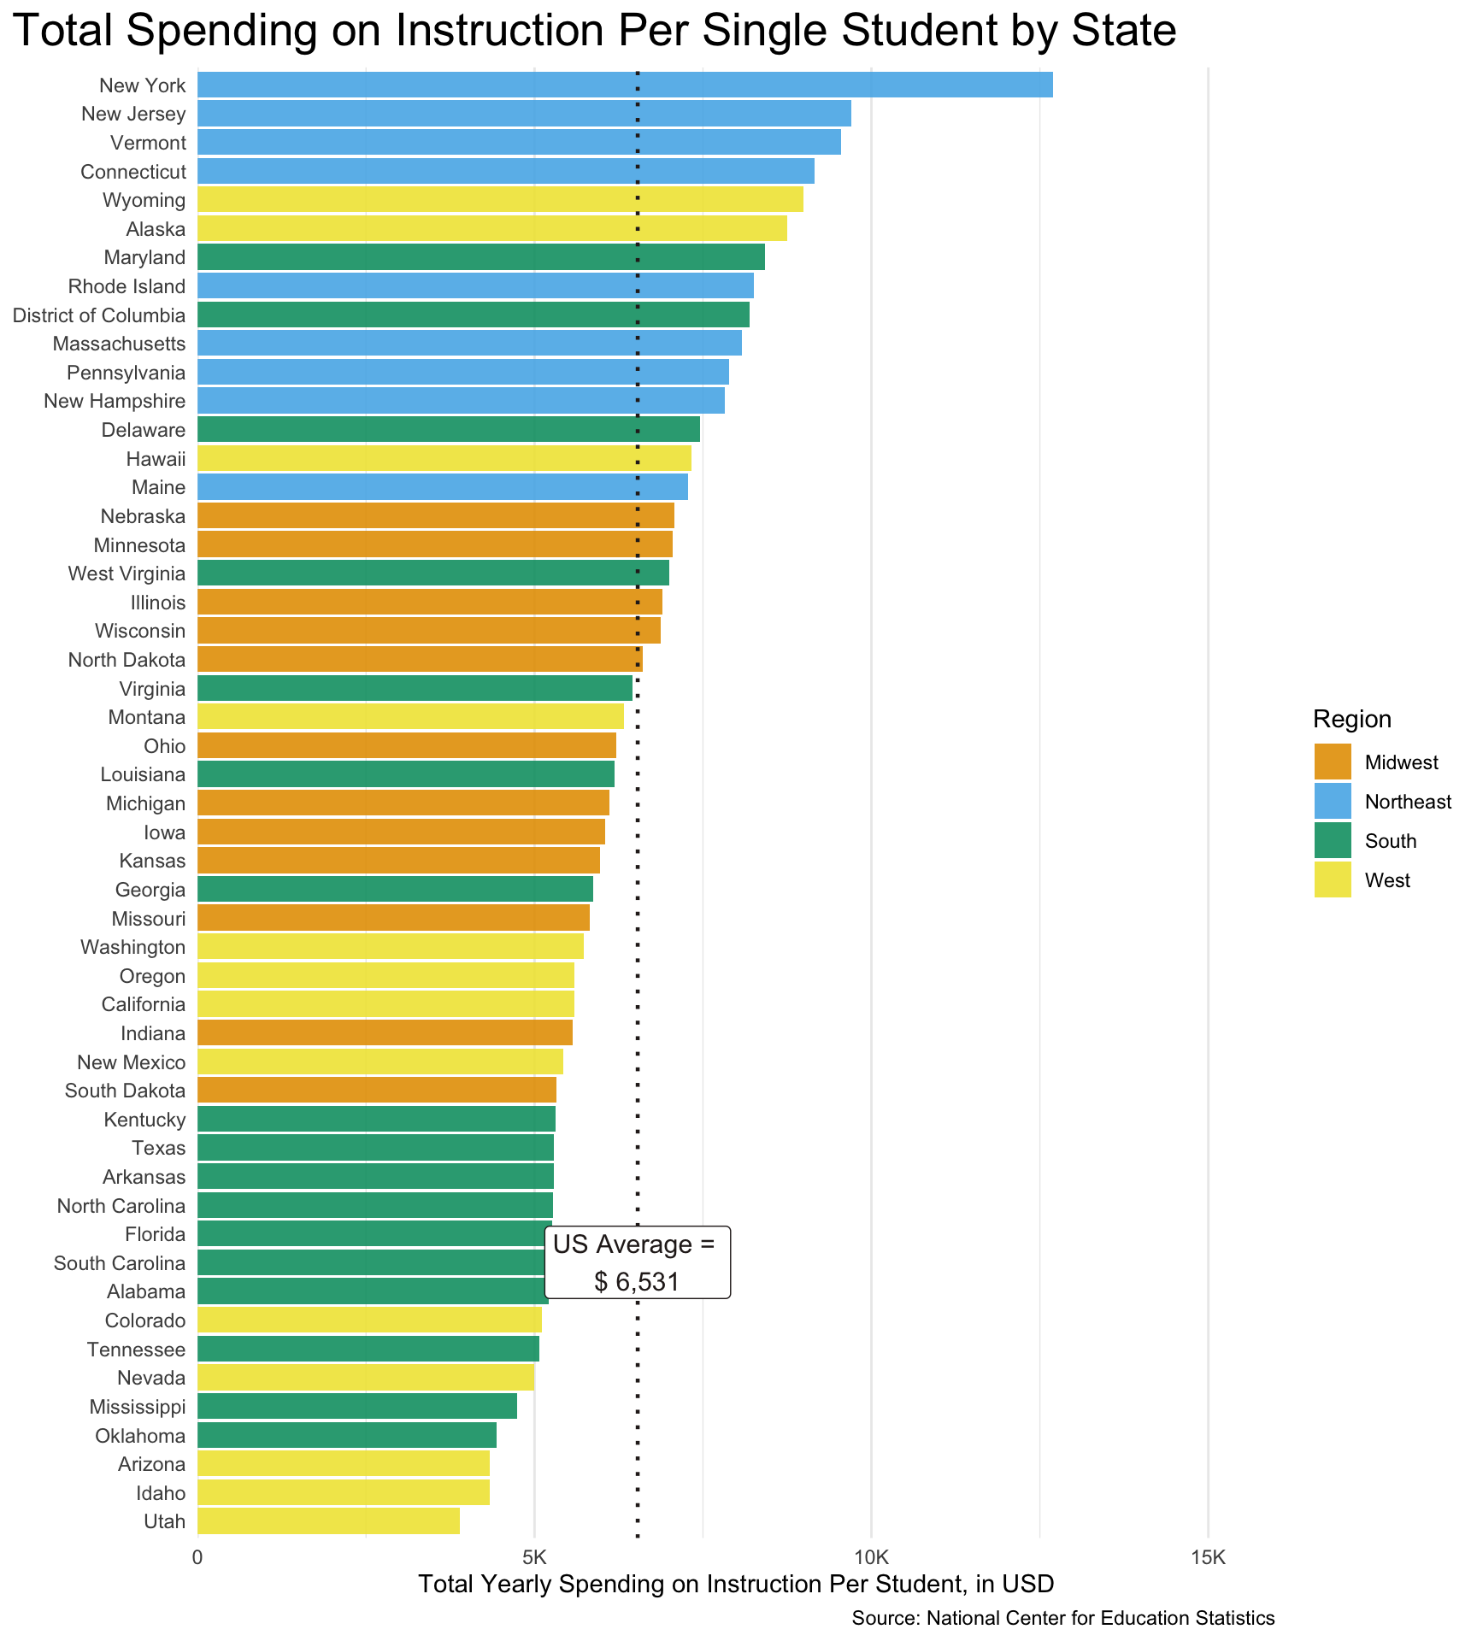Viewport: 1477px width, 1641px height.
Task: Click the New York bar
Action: pyautogui.click(x=625, y=85)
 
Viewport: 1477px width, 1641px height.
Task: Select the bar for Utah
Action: pyautogui.click(x=328, y=1520)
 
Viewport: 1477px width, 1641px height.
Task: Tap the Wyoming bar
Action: pyautogui.click(x=500, y=200)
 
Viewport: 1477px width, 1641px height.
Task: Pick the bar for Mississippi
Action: pyautogui.click(x=357, y=1406)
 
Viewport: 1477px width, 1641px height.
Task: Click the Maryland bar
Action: pyautogui.click(x=481, y=257)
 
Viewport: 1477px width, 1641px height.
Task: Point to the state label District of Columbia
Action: pyautogui.click(x=99, y=315)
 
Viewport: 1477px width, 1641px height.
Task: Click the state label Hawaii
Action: pyautogui.click(x=156, y=459)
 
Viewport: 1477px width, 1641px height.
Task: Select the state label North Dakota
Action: pyautogui.click(x=127, y=660)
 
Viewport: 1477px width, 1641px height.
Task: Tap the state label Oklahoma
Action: pyautogui.click(x=140, y=1435)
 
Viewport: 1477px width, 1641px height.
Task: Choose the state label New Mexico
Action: pyautogui.click(x=131, y=1062)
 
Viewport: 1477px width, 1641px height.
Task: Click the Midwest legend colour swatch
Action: pyautogui.click(x=1333, y=762)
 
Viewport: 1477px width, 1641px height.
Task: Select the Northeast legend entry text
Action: pyautogui.click(x=1408, y=802)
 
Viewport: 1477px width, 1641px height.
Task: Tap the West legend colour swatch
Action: pyautogui.click(x=1333, y=879)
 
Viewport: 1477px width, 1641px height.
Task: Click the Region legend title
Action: pyautogui.click(x=1351, y=719)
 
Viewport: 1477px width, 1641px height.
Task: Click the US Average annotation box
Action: pyautogui.click(x=637, y=1262)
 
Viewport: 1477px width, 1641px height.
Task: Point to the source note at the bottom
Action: pyautogui.click(x=1062, y=1617)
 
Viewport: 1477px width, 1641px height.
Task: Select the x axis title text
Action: pyautogui.click(x=736, y=1584)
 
